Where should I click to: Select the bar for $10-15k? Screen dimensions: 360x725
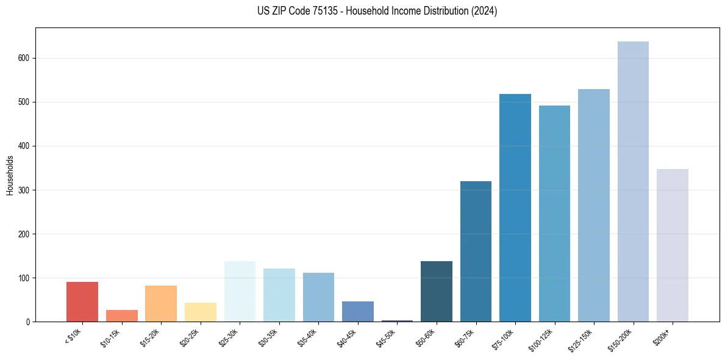click(x=121, y=315)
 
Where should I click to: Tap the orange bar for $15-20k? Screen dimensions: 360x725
click(x=161, y=303)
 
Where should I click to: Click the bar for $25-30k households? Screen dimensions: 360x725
click(x=240, y=291)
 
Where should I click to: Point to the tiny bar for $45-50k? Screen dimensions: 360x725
click(x=397, y=320)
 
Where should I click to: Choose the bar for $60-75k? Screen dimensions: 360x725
click(x=476, y=251)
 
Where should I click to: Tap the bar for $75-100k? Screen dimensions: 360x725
click(x=515, y=207)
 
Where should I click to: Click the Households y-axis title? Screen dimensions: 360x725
click(x=10, y=175)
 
